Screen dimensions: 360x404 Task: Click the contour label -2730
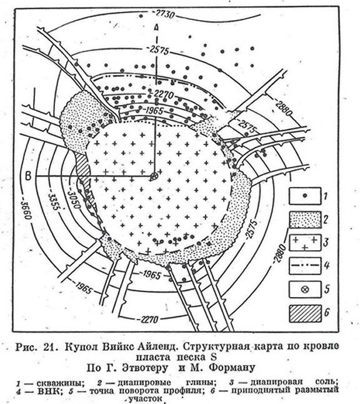163,14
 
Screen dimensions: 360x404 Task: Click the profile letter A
156,27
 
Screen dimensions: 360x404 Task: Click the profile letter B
28,176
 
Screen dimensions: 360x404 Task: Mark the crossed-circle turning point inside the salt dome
154,176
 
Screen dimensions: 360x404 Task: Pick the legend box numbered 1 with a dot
305,196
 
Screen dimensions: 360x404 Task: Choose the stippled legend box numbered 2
305,220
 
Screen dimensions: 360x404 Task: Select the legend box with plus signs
305,243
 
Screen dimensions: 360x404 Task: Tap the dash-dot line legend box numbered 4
305,266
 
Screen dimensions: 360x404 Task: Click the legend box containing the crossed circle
305,290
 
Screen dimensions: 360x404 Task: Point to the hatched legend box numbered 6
305,313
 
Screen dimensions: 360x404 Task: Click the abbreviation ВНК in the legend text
48,391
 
